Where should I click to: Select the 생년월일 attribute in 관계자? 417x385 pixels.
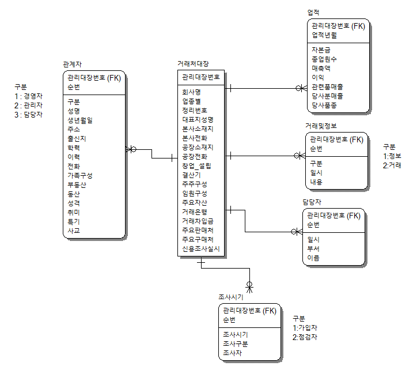pos(80,120)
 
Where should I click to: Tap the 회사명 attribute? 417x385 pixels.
pos(191,92)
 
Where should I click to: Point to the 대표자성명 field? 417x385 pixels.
pos(198,119)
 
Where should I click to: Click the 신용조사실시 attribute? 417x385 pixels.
pos(201,248)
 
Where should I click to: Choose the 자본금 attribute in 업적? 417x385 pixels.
pos(321,50)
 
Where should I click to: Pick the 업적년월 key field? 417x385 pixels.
pos(324,35)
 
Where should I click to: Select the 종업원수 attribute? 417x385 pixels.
pos(324,59)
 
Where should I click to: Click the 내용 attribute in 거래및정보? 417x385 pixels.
pos(316,182)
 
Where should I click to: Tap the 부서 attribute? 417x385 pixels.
pos(313,248)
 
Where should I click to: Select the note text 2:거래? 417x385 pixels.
pos(392,165)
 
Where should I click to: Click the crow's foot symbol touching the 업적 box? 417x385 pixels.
pos(300,89)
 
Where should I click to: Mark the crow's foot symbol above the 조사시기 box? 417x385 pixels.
pos(250,285)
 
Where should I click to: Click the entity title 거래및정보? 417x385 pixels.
pos(321,126)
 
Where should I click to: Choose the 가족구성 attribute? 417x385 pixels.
pos(80,175)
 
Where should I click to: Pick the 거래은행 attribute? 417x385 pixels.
pos(195,212)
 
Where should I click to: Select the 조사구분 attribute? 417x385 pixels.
pos(235,343)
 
